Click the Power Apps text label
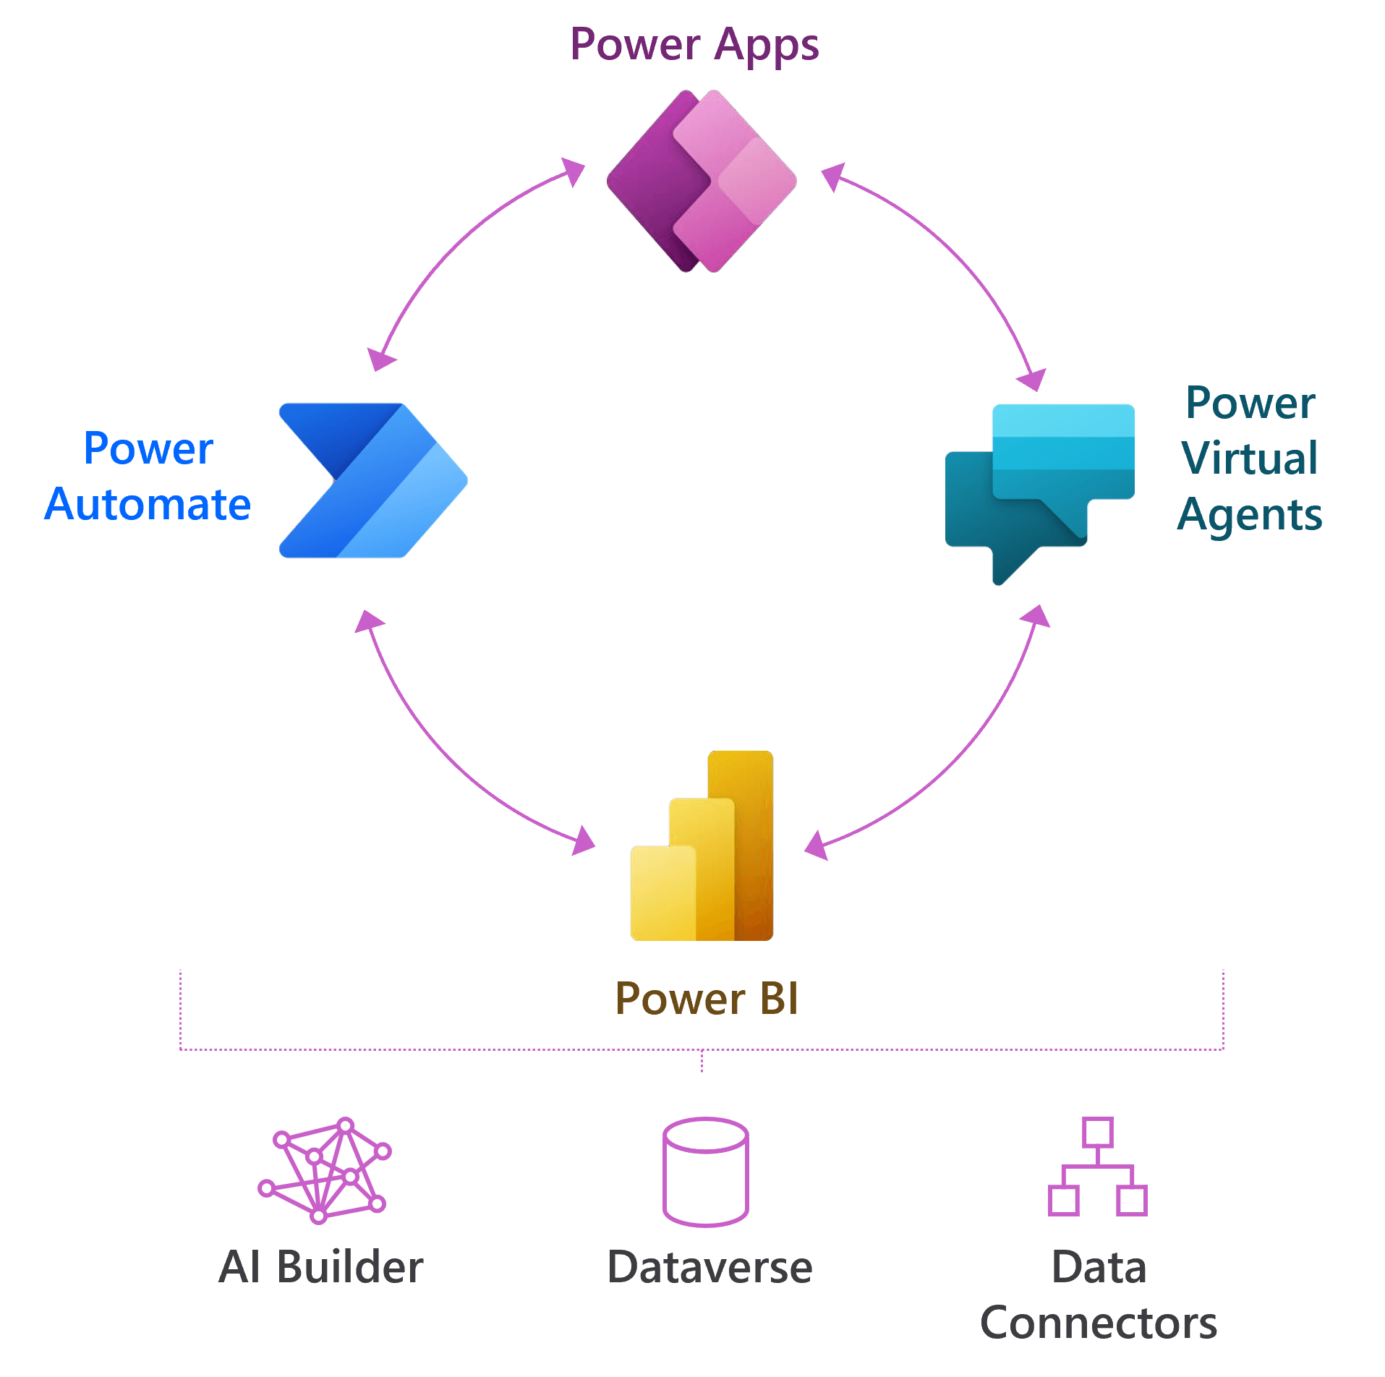pos(694,45)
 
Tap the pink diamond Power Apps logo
pos(702,181)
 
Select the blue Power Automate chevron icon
pos(372,480)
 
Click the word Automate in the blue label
pos(148,504)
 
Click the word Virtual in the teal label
pos(1249,458)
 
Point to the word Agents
pos(1250,515)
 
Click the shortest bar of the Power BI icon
pos(661,893)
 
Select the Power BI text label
pos(707,999)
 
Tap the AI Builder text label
pos(321,1268)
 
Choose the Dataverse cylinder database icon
pos(705,1172)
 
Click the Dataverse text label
pos(709,1268)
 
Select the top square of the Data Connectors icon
pos(1097,1133)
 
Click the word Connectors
pos(1098,1323)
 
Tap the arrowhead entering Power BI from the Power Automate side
pos(583,841)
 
